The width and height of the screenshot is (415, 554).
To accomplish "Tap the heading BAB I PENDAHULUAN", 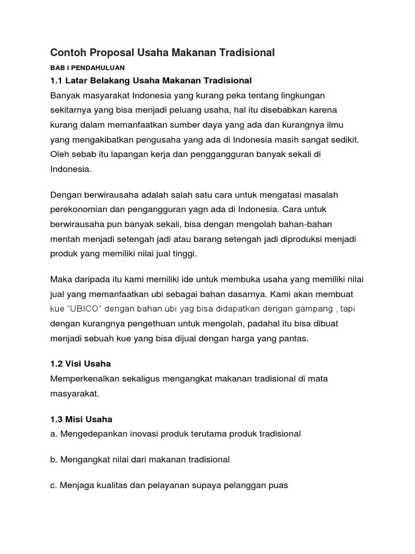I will (87, 68).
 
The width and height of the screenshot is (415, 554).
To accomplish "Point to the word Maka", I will (60, 279).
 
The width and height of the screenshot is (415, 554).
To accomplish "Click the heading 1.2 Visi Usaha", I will (81, 364).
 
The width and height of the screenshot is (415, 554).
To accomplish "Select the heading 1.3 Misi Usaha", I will (81, 419).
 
